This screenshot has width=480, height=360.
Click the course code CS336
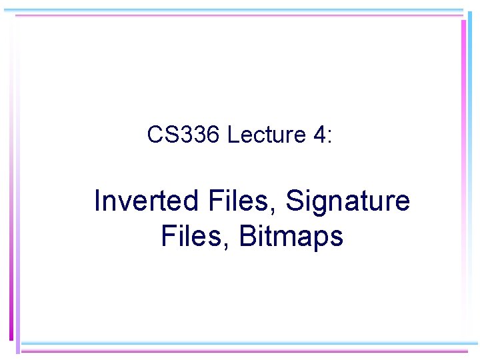(x=183, y=135)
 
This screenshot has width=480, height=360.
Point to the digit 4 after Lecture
(x=317, y=135)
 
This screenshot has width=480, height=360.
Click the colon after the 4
(x=327, y=137)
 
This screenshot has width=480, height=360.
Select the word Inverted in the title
(x=137, y=201)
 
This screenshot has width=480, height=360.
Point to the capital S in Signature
(x=294, y=201)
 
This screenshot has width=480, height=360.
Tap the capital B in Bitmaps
(x=247, y=237)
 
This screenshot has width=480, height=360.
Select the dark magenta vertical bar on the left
(x=11, y=180)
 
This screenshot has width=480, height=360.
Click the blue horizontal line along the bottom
(x=247, y=344)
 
